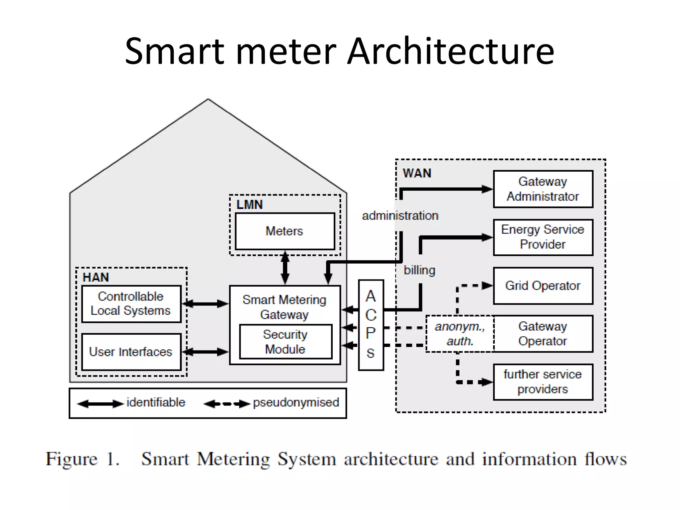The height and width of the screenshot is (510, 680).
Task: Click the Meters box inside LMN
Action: point(285,231)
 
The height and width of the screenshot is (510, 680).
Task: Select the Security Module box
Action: point(285,342)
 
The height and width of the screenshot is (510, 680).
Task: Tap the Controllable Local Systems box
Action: point(131,303)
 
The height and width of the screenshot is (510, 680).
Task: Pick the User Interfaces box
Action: point(131,352)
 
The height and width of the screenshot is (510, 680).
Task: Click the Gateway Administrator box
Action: point(543,189)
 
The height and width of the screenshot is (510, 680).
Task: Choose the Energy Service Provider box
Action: point(543,237)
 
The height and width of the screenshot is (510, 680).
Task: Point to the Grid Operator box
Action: point(543,286)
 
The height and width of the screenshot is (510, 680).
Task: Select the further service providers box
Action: point(543,382)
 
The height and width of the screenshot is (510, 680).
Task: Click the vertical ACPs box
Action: point(371,325)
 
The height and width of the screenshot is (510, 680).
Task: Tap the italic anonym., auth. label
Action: point(460,333)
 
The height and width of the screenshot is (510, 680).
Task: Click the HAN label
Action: point(96,277)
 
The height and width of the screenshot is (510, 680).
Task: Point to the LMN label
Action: point(249,205)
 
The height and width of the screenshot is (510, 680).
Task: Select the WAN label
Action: point(417,173)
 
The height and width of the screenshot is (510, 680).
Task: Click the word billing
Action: point(419,270)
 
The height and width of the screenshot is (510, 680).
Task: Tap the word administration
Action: point(400,215)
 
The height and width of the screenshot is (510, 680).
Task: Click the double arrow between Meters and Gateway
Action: point(285,268)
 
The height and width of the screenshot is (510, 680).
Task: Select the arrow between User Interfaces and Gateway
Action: point(206,352)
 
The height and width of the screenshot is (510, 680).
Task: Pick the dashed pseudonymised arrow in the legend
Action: point(227,404)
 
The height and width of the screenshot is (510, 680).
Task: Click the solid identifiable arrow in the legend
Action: point(100,404)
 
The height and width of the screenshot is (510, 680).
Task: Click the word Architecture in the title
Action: point(450,51)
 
